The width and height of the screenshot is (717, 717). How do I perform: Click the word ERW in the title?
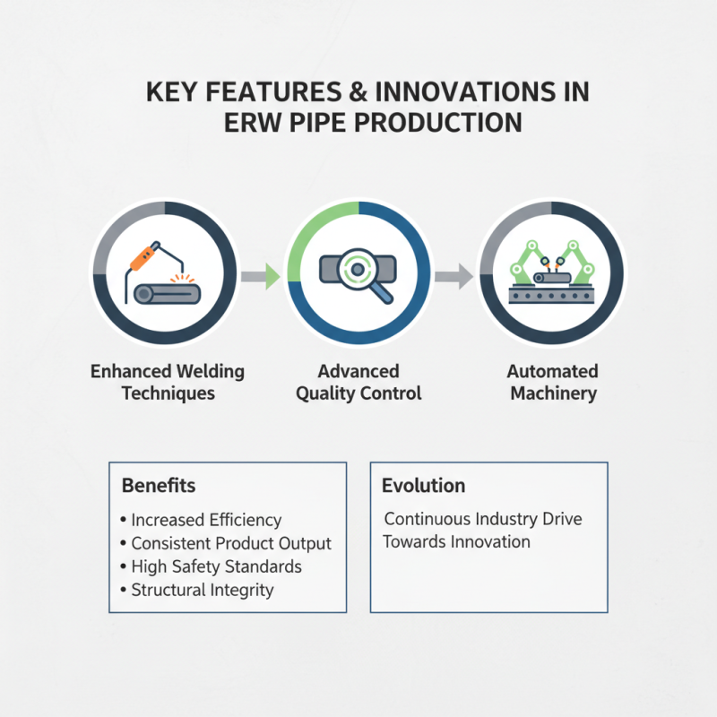coord(254,123)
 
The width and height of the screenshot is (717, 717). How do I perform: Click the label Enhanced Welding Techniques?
coord(168,382)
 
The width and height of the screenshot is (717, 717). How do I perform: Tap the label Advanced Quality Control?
coord(358,382)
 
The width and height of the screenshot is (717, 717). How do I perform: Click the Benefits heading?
coord(159,486)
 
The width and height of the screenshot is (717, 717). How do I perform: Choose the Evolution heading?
coord(424,486)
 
